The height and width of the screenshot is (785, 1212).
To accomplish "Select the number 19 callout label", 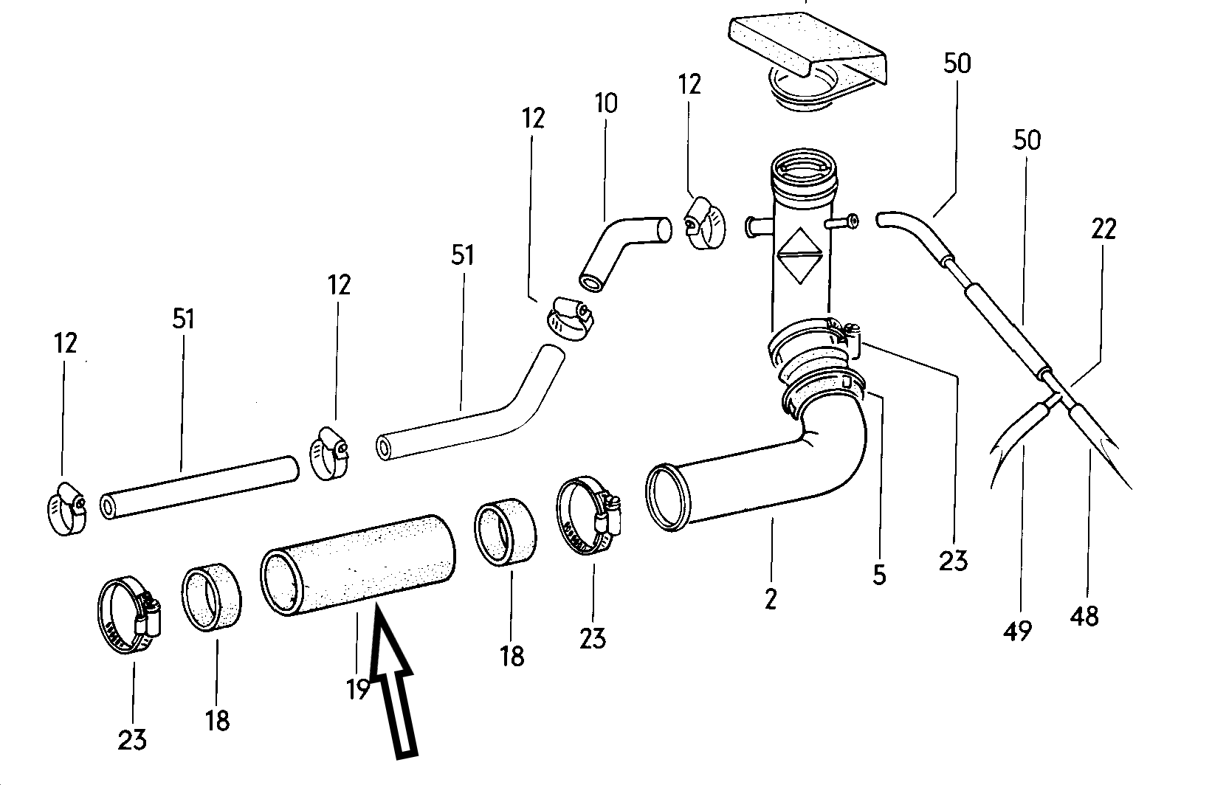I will [x=358, y=689].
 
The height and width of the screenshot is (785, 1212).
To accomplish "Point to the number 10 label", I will [x=605, y=103].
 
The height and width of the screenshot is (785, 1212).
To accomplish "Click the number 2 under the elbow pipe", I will [x=771, y=599].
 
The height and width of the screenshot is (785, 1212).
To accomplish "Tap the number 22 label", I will [x=1103, y=229].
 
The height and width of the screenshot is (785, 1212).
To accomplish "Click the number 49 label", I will [x=1018, y=630].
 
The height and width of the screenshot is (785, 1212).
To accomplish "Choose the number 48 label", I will [x=1084, y=615].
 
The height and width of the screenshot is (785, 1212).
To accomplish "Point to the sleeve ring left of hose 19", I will [x=213, y=598].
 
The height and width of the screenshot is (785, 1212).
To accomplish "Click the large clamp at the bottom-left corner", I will [x=129, y=612].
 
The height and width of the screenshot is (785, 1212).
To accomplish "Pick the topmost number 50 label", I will [x=957, y=63].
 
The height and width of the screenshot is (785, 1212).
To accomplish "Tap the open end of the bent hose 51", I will [x=385, y=448].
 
